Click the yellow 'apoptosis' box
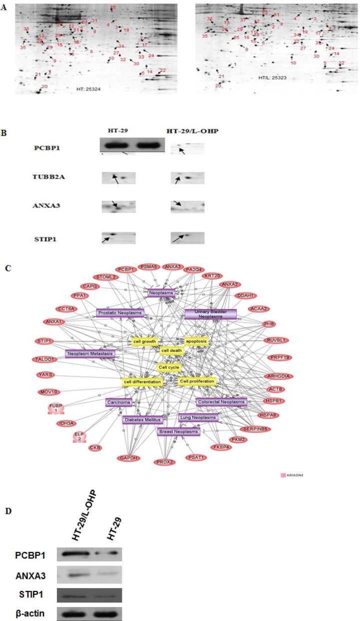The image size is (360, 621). [x=196, y=341]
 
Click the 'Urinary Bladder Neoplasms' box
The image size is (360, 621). [x=210, y=314]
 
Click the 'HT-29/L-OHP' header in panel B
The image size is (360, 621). [x=187, y=131]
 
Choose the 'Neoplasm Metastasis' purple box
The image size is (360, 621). [x=90, y=353]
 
